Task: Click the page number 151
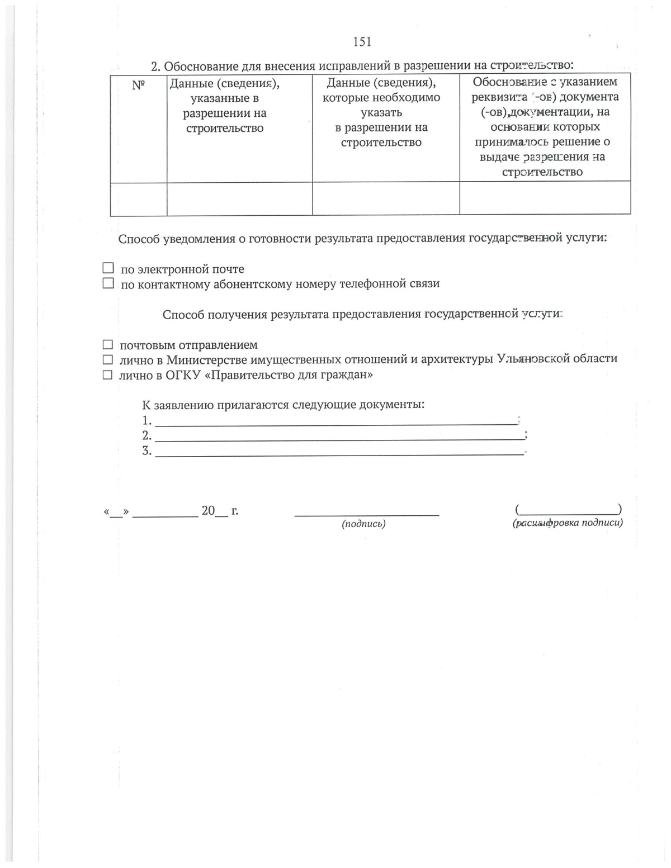(x=362, y=42)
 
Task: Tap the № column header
(x=138, y=86)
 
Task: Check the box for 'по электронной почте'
(x=108, y=269)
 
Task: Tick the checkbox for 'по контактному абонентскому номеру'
(x=108, y=284)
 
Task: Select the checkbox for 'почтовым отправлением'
(x=107, y=345)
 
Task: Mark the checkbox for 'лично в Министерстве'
(x=107, y=359)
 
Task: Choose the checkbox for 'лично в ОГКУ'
(x=107, y=375)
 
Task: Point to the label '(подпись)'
(x=363, y=524)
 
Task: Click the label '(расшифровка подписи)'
(x=567, y=523)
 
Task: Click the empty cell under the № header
(x=138, y=198)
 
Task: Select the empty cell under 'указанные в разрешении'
(x=239, y=198)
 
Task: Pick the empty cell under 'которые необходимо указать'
(x=386, y=198)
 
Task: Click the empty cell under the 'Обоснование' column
(x=545, y=198)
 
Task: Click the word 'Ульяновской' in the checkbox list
(x=536, y=359)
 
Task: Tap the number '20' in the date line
(x=208, y=510)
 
